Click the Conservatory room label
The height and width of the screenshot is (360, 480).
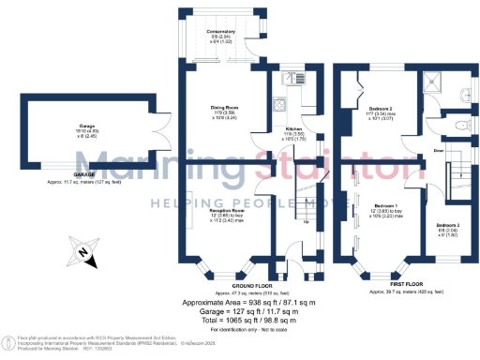220,32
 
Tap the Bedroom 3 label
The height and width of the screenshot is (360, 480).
447,225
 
